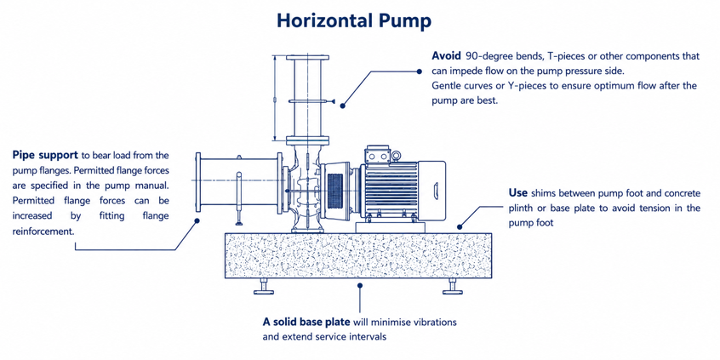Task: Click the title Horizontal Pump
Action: tap(353, 21)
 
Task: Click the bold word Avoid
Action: tap(446, 56)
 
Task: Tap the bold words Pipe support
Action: tap(45, 155)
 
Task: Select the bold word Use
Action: tap(517, 192)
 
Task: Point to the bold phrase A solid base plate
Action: tap(306, 322)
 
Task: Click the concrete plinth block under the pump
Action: tap(358, 255)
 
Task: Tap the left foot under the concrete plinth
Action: tap(264, 287)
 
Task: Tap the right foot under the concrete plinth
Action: tap(453, 287)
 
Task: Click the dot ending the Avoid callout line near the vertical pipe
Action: tap(342, 106)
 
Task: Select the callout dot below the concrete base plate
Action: tap(360, 285)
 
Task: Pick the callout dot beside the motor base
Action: tap(460, 227)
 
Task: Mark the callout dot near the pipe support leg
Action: tap(197, 220)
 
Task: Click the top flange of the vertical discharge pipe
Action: tap(307, 57)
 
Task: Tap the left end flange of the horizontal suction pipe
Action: tap(198, 182)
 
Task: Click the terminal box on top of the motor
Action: tap(376, 155)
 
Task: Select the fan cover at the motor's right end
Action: tap(431, 188)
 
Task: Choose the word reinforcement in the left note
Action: tap(43, 231)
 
